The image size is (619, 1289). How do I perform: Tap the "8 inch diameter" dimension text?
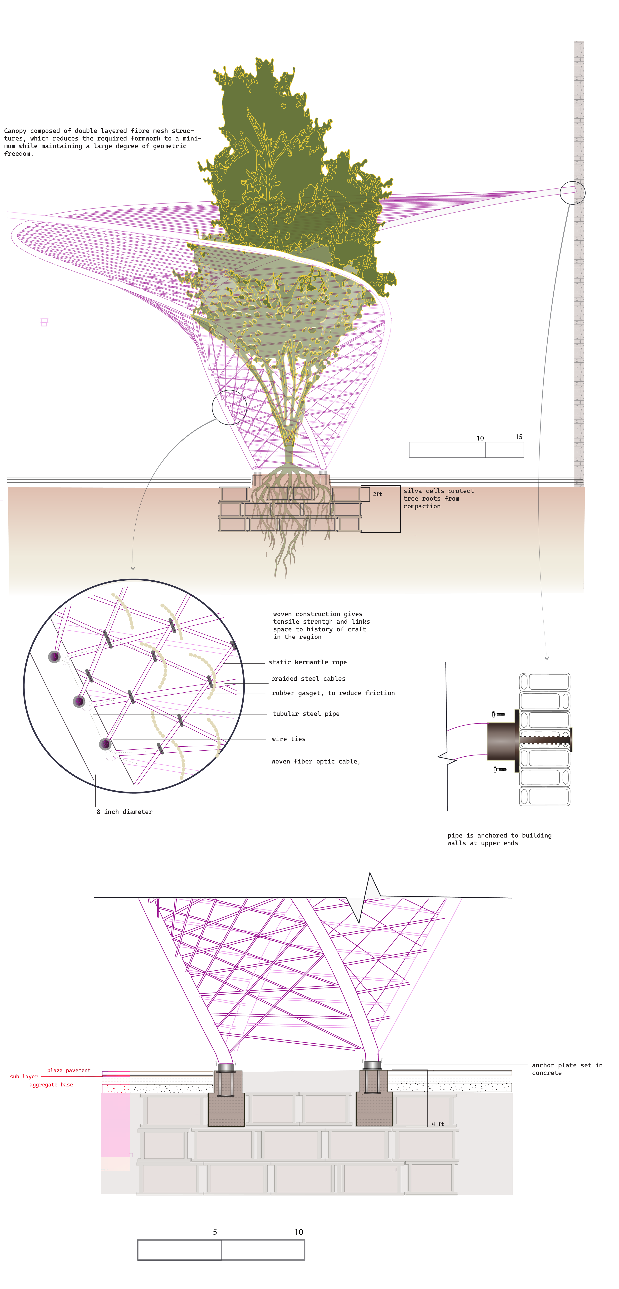125,812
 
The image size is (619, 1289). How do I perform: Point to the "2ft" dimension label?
377,494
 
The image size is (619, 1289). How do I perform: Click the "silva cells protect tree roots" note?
438,498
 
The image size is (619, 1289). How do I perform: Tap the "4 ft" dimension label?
438,1124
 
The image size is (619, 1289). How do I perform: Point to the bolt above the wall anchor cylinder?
499,714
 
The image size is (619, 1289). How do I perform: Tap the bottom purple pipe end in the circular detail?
105,744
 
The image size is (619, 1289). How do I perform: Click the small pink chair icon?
44,322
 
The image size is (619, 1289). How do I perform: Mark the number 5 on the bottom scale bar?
215,1231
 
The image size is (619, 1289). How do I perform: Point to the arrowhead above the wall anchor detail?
547,658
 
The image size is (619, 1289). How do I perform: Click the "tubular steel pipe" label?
306,714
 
